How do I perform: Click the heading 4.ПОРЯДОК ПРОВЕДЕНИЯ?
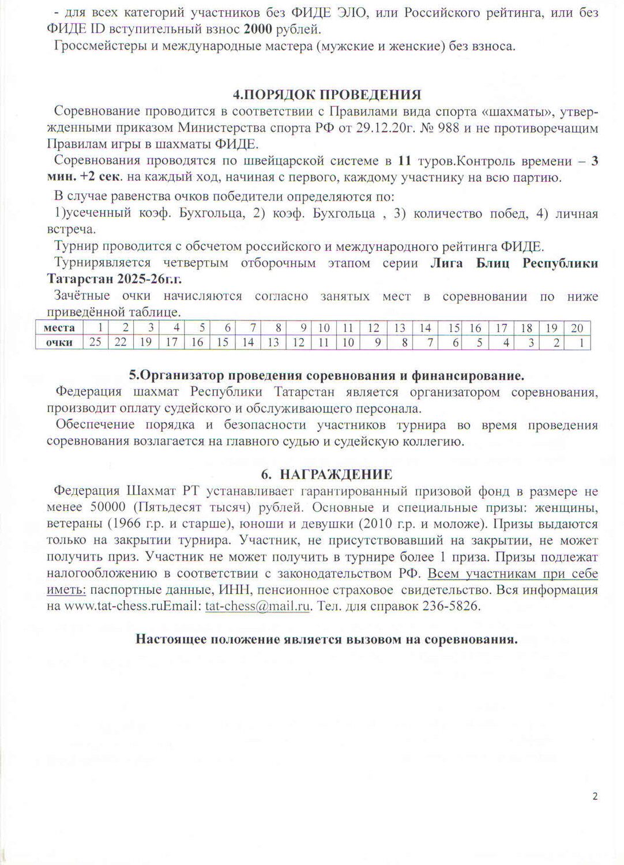pos(327,95)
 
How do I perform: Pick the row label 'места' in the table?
pos(59,328)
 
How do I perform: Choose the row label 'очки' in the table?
pos(59,342)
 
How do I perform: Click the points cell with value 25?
pos(95,342)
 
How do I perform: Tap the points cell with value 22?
pos(121,342)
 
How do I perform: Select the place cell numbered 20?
pos(577,328)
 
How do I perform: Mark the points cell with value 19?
pos(146,342)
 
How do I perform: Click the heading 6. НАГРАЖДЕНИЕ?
pos(326,474)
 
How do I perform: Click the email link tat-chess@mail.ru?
pos(258,606)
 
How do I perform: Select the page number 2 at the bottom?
pos(595,796)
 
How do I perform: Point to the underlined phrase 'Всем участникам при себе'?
pos(513,573)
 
